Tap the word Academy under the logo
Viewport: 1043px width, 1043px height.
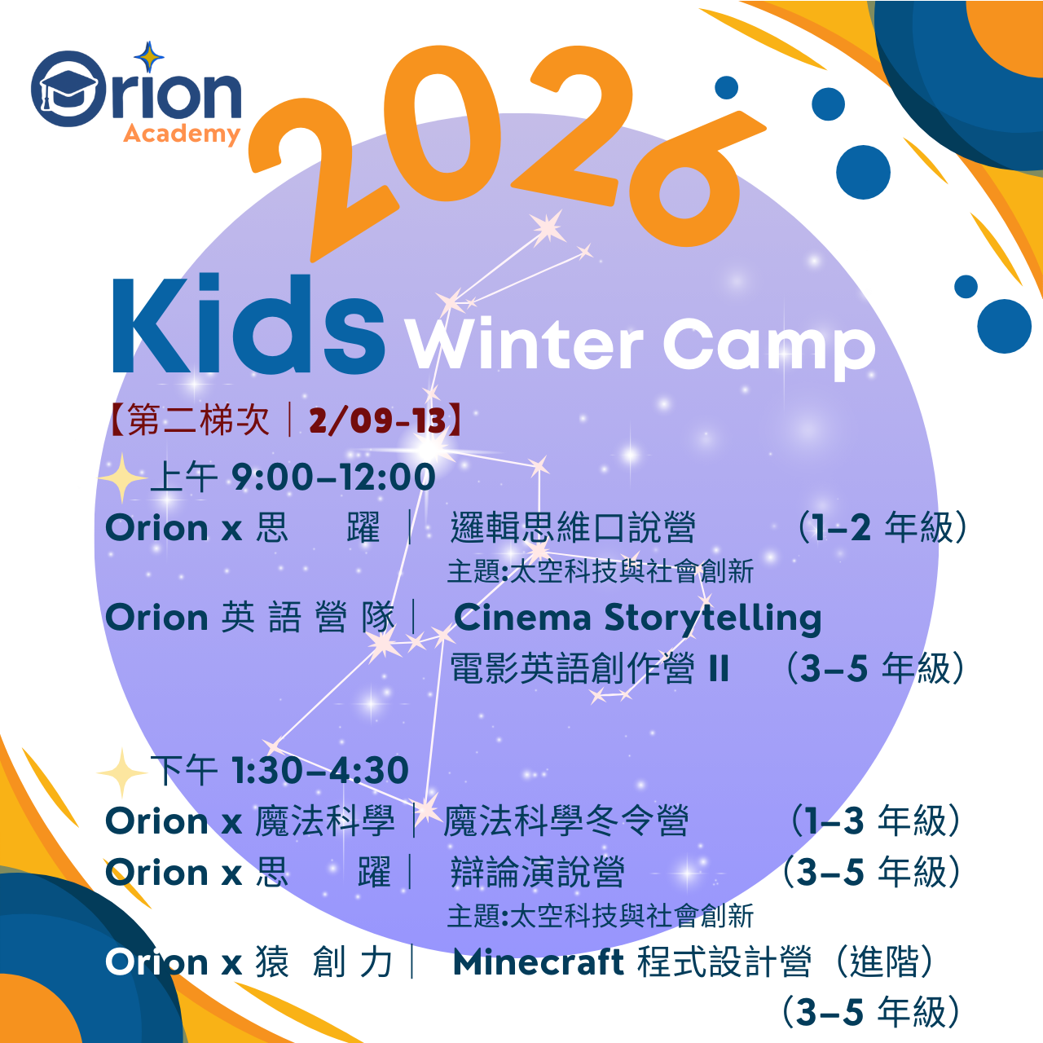click(182, 134)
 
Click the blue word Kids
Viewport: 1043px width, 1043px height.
click(248, 326)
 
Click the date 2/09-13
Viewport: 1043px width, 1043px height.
click(377, 420)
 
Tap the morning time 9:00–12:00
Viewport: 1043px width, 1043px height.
click(333, 477)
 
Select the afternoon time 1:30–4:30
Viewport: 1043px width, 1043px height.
click(319, 771)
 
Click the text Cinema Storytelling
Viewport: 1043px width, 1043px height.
click(637, 618)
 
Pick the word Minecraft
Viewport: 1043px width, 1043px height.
click(539, 962)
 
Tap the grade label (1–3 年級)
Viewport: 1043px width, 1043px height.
click(876, 821)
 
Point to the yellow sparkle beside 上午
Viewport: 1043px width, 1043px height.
click(121, 477)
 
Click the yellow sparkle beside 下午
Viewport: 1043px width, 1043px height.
click(121, 772)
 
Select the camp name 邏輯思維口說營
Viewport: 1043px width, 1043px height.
click(573, 528)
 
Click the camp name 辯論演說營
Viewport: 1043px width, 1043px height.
click(537, 873)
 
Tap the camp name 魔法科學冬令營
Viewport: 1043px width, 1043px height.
click(566, 821)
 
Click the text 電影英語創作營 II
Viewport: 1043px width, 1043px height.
click(589, 669)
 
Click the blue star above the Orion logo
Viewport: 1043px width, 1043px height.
click(148, 57)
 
